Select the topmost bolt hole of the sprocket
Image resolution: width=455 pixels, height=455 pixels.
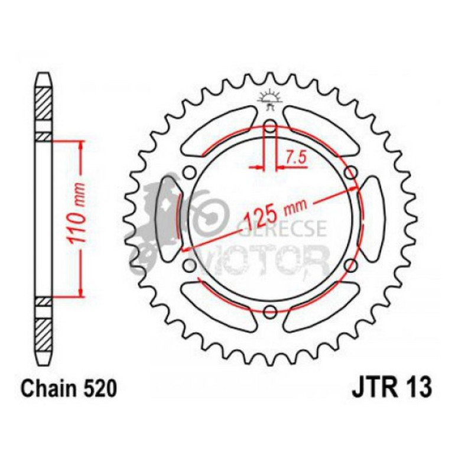click(x=269, y=126)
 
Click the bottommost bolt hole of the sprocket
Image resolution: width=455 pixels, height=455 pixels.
click(x=269, y=311)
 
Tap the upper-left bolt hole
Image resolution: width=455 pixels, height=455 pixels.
click(x=190, y=173)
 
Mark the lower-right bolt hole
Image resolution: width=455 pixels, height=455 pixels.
click(x=350, y=265)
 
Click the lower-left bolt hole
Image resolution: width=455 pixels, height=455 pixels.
click(x=190, y=265)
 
